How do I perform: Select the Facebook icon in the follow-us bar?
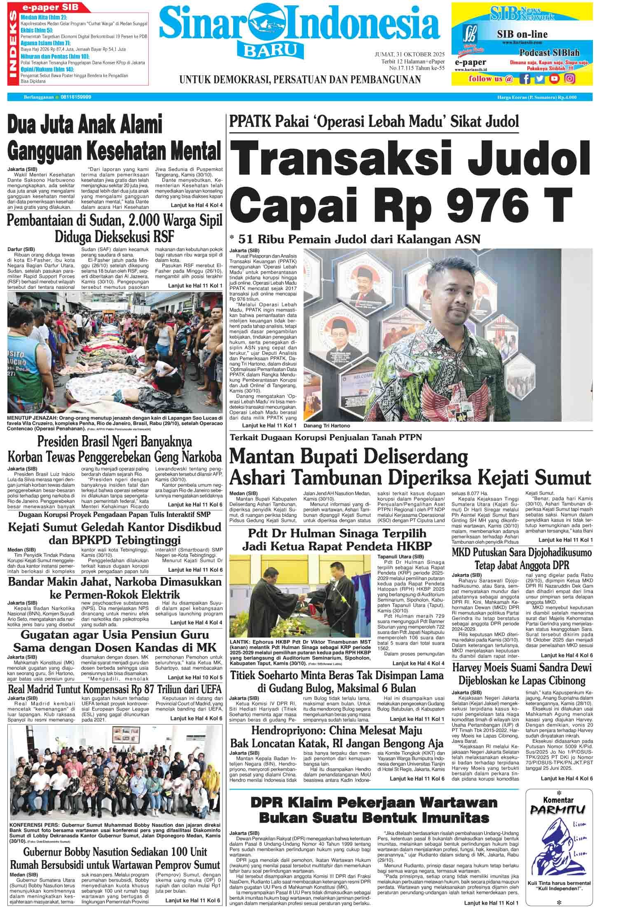pos(525,78)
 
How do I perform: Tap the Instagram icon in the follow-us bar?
pos(570,78)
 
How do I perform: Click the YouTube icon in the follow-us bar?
pos(555,78)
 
